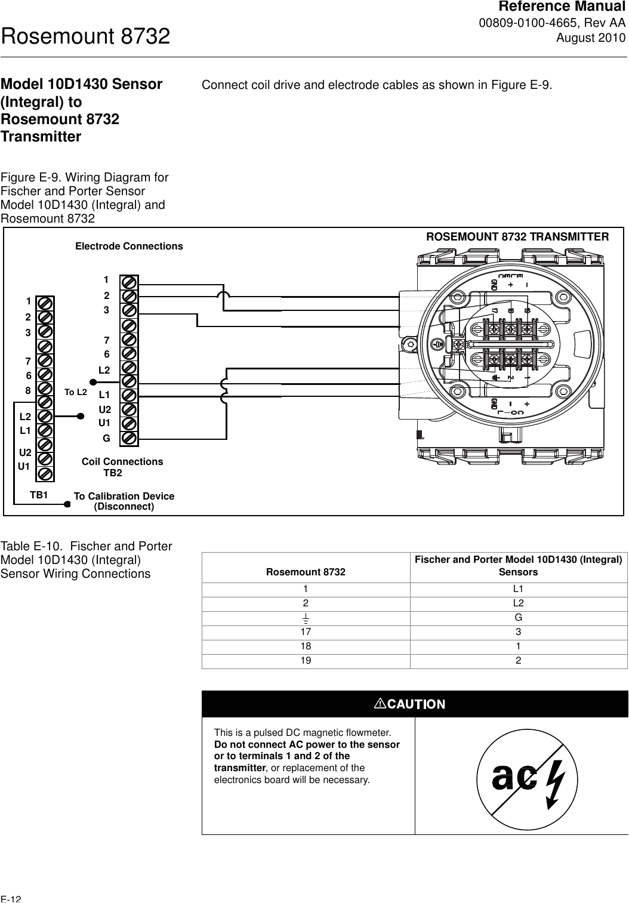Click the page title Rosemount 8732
[86, 37]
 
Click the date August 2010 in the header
[591, 38]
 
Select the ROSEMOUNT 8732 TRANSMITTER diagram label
[517, 237]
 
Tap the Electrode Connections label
[129, 246]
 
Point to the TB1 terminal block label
[39, 495]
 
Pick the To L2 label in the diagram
[76, 392]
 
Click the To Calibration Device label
[124, 497]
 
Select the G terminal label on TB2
[106, 438]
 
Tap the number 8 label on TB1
[28, 390]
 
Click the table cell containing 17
[306, 632]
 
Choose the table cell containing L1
[518, 589]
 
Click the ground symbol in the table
[306, 618]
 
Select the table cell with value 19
[306, 661]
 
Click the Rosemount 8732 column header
[306, 572]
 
